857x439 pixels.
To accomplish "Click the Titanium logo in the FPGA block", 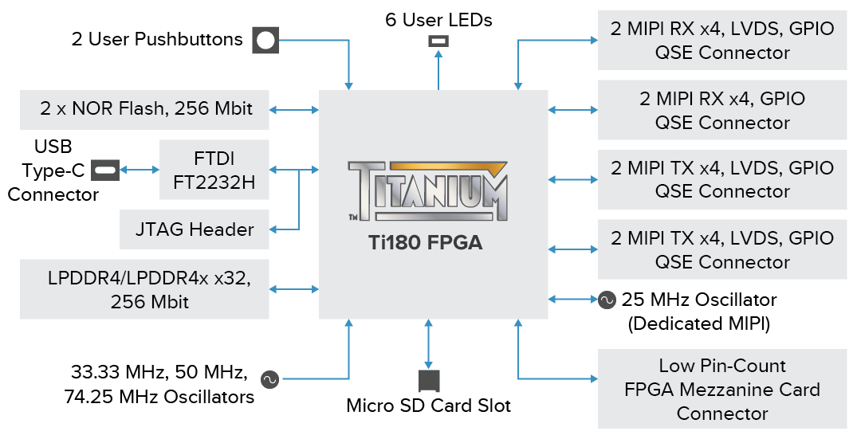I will (x=427, y=192).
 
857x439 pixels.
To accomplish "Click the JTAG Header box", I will (x=195, y=229).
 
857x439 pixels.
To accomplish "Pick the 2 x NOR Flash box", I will (x=144, y=109).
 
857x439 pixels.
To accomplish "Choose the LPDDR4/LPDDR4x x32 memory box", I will (x=144, y=290).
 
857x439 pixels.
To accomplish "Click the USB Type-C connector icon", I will (x=105, y=169).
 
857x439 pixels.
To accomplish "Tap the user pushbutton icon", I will (x=265, y=40).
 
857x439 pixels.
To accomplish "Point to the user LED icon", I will (x=438, y=41).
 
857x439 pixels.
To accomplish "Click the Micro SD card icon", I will (x=429, y=380).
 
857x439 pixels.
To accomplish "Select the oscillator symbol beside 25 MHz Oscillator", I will (x=607, y=300).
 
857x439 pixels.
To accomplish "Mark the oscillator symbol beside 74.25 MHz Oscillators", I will (x=269, y=380).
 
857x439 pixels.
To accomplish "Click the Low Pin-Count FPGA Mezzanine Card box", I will (x=722, y=389).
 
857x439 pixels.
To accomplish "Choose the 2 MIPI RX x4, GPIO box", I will (x=722, y=110).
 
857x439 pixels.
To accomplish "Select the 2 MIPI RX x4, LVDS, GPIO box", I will (x=722, y=41).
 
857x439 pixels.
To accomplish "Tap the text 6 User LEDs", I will (x=438, y=20).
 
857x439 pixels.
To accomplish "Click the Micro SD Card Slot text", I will (x=429, y=406).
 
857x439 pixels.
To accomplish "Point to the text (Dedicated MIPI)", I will (x=699, y=323).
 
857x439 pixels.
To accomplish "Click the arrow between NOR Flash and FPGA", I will (x=294, y=109).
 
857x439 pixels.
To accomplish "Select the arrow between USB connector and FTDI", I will (x=140, y=169).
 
